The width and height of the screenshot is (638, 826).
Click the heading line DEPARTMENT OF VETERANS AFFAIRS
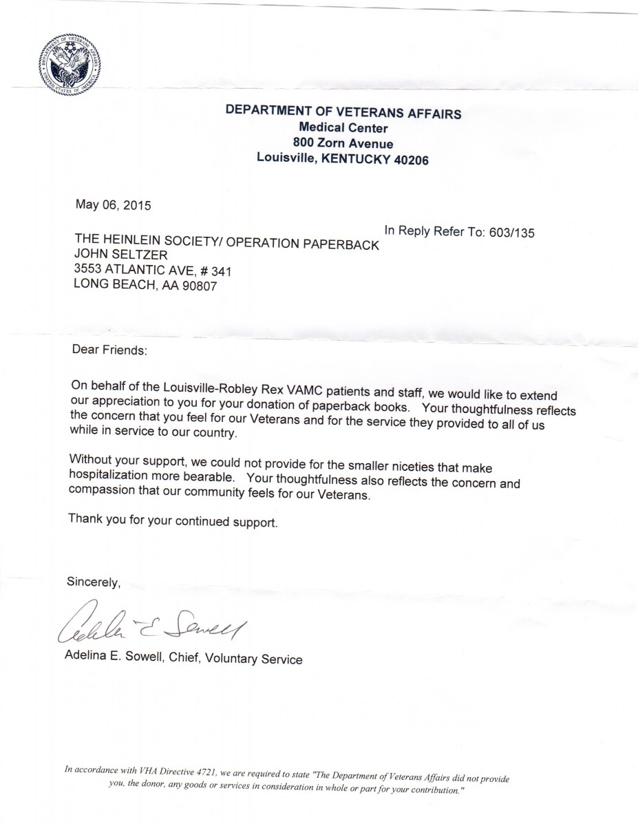point(343,112)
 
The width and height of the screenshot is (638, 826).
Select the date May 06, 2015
point(113,204)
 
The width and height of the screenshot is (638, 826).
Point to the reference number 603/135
point(511,233)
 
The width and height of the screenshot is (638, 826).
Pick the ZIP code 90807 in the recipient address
point(199,287)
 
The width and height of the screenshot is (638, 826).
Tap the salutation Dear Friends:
point(109,349)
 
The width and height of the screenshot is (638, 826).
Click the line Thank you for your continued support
point(173,520)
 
